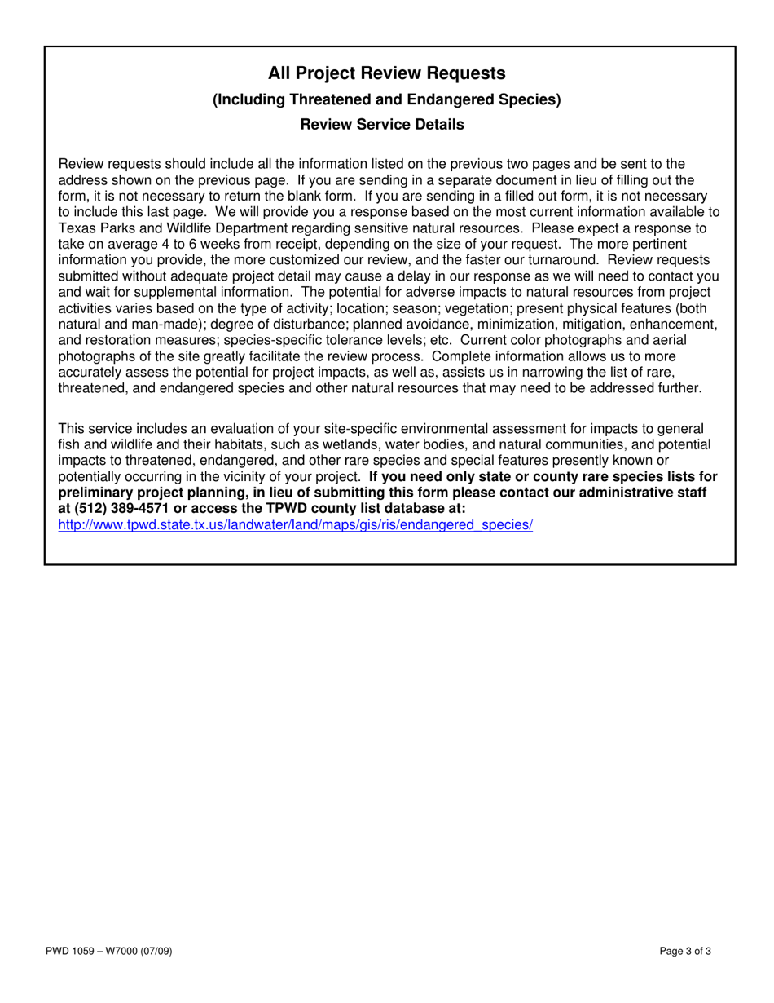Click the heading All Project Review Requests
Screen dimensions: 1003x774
coord(387,74)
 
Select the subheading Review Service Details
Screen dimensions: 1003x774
coord(382,125)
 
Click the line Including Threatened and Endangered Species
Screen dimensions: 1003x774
coord(387,100)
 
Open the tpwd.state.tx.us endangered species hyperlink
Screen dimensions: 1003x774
coord(295,525)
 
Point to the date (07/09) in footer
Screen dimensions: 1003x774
coord(155,951)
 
